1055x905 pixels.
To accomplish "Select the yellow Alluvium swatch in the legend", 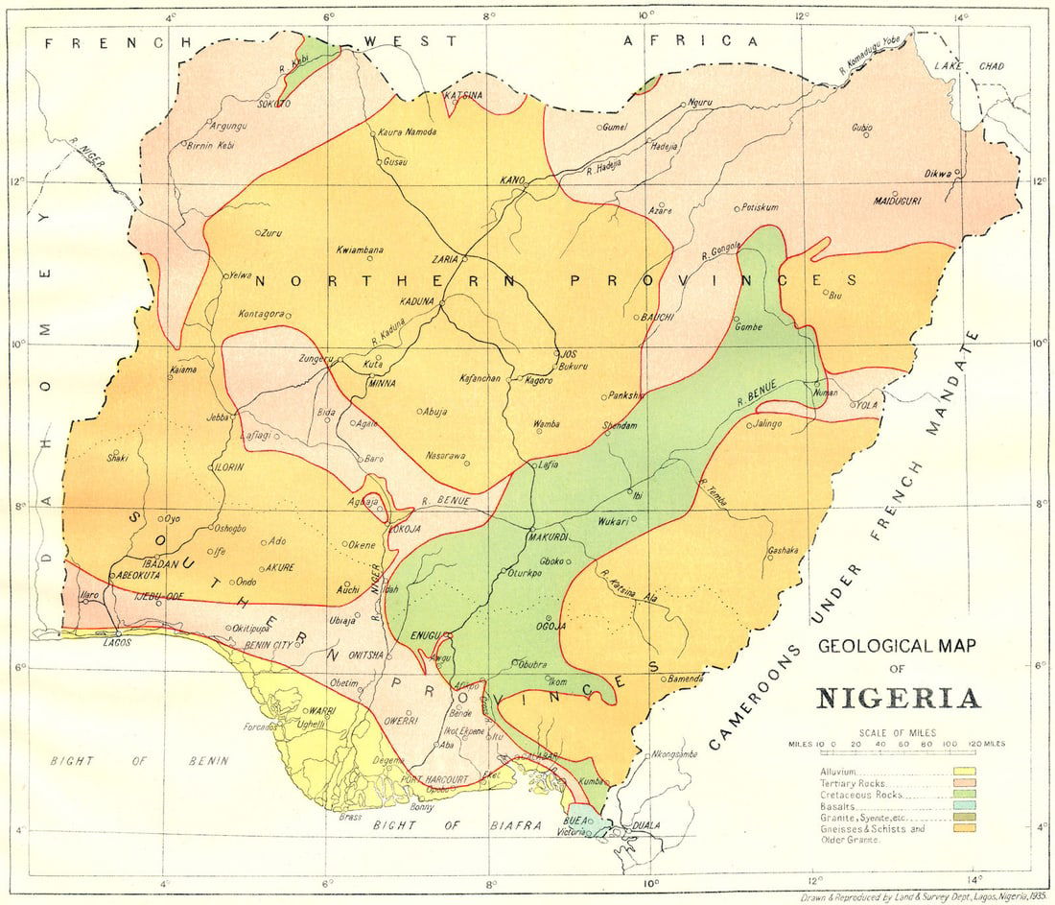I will coord(963,771).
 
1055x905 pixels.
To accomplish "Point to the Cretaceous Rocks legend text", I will coord(860,795).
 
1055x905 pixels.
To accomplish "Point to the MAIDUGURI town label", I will coord(898,202).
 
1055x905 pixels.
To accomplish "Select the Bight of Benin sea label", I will coord(140,761).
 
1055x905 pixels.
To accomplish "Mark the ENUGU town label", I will coord(423,635).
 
